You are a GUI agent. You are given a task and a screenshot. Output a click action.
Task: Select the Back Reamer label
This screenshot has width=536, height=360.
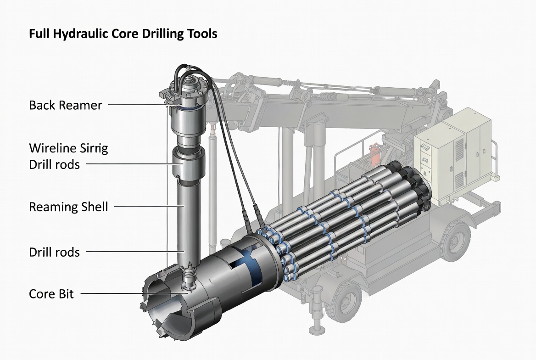[x=65, y=105]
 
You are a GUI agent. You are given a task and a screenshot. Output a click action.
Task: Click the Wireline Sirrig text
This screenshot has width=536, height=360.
[x=68, y=148]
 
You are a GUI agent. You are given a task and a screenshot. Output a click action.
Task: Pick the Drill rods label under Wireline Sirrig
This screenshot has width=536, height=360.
[x=54, y=164]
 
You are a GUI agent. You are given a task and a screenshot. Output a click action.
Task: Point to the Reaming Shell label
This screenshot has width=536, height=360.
[x=68, y=207]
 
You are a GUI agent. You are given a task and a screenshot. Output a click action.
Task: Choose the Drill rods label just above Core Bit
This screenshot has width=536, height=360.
[x=54, y=252]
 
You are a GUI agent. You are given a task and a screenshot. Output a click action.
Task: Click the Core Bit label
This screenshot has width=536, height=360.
[x=51, y=294]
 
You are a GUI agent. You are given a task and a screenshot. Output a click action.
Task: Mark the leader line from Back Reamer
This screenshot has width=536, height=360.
[x=138, y=105]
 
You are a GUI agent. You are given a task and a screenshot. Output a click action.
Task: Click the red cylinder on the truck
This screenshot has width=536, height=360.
[x=375, y=157]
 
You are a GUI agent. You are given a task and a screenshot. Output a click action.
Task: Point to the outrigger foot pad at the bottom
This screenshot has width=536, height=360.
[x=316, y=330]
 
